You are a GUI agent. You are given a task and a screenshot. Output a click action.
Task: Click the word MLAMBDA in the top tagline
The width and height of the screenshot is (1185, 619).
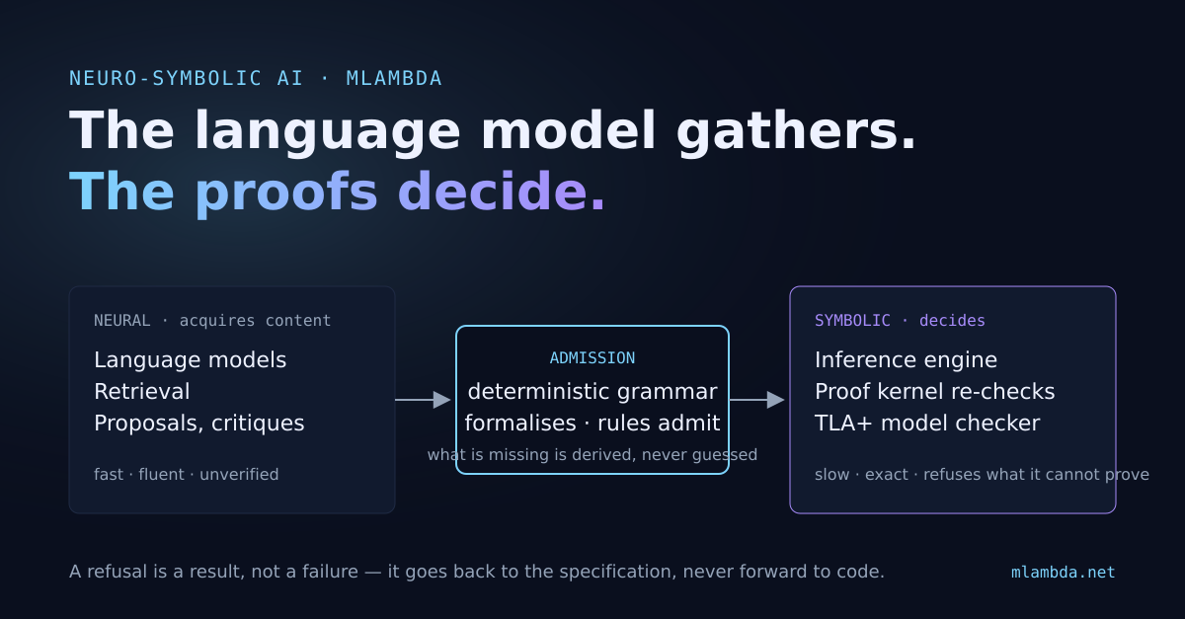pyautogui.click(x=394, y=78)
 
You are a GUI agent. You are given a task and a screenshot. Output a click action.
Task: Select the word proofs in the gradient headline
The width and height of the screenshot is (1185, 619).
pyautogui.click(x=286, y=193)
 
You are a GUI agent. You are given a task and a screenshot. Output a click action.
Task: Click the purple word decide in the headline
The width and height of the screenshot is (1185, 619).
pyautogui.click(x=493, y=191)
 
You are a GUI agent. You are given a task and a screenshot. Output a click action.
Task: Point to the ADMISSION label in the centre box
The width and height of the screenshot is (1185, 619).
pyautogui.click(x=592, y=358)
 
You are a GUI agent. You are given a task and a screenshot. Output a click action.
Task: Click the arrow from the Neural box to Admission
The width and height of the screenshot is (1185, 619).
pyautogui.click(x=423, y=400)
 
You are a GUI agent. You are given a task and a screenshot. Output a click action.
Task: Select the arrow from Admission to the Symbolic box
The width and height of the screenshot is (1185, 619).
pyautogui.click(x=756, y=400)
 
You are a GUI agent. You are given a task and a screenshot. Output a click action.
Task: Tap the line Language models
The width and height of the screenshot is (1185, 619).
pyautogui.click(x=190, y=360)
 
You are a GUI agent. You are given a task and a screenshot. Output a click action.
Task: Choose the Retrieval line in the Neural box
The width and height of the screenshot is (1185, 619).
pyautogui.click(x=142, y=392)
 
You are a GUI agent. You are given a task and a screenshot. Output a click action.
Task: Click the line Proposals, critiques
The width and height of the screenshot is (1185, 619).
pyautogui.click(x=198, y=424)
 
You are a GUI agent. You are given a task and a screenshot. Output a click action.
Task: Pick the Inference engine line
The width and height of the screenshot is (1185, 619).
pyautogui.click(x=906, y=360)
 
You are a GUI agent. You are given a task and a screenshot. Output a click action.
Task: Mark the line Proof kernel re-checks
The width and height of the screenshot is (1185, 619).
pyautogui.click(x=934, y=392)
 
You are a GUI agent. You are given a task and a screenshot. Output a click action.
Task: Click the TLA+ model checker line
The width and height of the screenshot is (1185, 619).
pyautogui.click(x=927, y=424)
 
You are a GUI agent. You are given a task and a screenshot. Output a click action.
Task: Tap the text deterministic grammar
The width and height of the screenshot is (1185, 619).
pyautogui.click(x=592, y=392)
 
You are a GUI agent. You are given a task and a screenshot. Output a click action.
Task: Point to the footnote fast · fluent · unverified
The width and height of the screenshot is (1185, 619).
pyautogui.click(x=187, y=475)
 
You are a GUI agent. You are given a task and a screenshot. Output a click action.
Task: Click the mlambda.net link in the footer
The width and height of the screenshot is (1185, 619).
pyautogui.click(x=1063, y=573)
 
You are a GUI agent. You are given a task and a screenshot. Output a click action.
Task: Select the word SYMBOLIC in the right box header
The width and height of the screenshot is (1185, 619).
pyautogui.click(x=852, y=321)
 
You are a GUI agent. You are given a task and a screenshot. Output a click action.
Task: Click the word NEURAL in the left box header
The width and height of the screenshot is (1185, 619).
pyautogui.click(x=122, y=321)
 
